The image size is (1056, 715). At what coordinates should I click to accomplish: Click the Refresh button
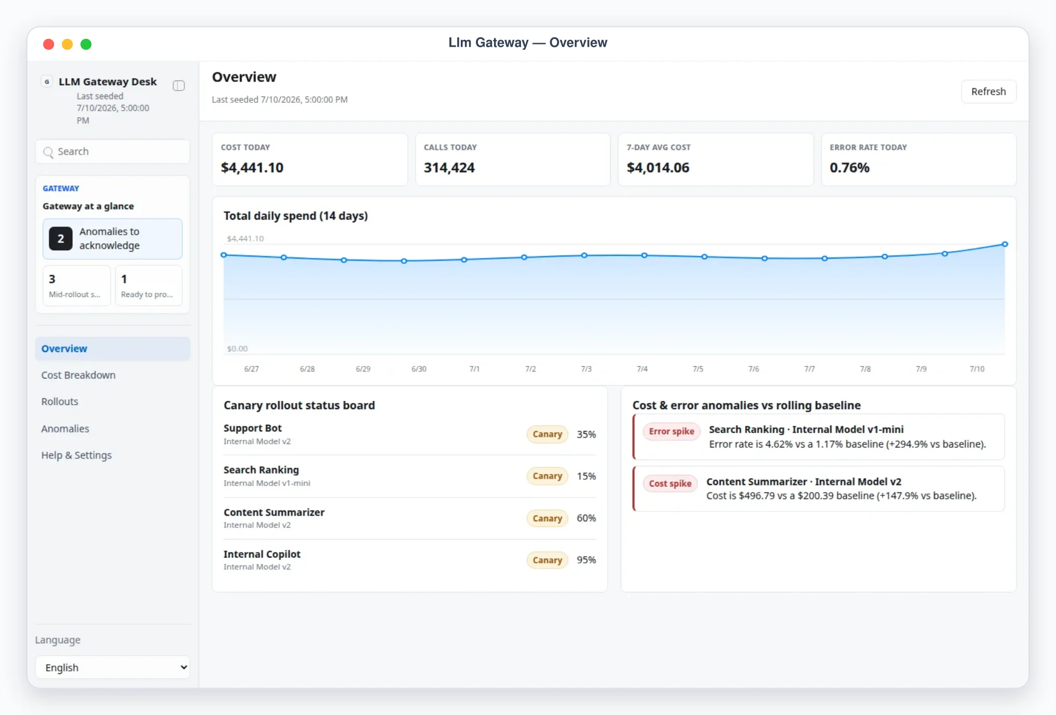(x=988, y=91)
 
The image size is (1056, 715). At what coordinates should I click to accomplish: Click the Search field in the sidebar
(x=113, y=152)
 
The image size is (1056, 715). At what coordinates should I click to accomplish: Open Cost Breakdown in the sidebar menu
(x=78, y=375)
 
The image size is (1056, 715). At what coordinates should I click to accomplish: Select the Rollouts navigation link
(x=60, y=401)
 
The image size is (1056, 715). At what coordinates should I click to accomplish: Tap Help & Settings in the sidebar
(x=76, y=455)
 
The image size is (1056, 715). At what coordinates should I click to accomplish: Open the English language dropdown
(x=113, y=667)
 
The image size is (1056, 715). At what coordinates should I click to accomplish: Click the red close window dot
(x=49, y=44)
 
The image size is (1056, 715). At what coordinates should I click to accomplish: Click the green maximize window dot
(x=86, y=44)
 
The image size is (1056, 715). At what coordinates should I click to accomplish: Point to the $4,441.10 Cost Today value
(x=252, y=168)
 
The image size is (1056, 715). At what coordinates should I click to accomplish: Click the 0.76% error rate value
(x=849, y=168)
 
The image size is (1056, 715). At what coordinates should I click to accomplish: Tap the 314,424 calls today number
(x=449, y=168)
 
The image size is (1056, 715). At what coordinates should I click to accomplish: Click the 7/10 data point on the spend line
(x=1005, y=244)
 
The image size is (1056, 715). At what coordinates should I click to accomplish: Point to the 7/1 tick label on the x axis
(x=474, y=369)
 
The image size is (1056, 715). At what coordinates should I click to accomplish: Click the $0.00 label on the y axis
(x=237, y=348)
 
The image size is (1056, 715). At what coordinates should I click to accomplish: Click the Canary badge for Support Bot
(x=547, y=434)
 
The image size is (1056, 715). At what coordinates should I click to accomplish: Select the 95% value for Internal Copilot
(x=586, y=560)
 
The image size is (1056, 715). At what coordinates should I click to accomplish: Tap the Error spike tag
(x=671, y=431)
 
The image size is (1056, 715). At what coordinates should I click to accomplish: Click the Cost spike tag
(x=670, y=483)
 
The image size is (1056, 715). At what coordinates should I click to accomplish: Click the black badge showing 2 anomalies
(x=61, y=238)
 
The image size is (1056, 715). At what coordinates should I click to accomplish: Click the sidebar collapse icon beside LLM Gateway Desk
(x=179, y=86)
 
